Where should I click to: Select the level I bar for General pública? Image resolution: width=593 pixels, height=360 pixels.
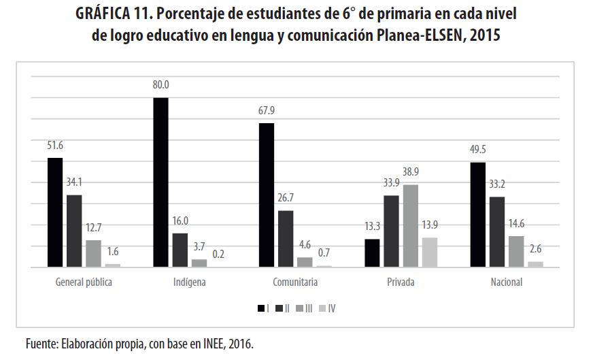(55, 212)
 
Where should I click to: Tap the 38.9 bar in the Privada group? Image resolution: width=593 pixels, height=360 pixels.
(410, 226)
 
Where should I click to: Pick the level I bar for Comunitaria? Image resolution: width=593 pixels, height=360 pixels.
(267, 195)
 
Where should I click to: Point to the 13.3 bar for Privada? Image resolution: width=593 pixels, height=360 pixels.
(372, 253)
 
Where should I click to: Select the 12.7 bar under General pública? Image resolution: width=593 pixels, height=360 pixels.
(93, 254)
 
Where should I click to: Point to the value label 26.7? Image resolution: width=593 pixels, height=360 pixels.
(286, 199)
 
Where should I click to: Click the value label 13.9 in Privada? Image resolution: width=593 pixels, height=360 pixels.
(430, 226)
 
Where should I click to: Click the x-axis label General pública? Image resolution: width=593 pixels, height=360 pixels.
(84, 282)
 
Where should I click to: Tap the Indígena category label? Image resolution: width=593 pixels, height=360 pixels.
(190, 282)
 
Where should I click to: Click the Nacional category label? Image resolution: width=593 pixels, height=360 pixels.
(506, 282)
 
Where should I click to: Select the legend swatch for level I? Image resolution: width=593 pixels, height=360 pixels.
(261, 309)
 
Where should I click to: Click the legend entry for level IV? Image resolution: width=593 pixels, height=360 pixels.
(327, 309)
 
